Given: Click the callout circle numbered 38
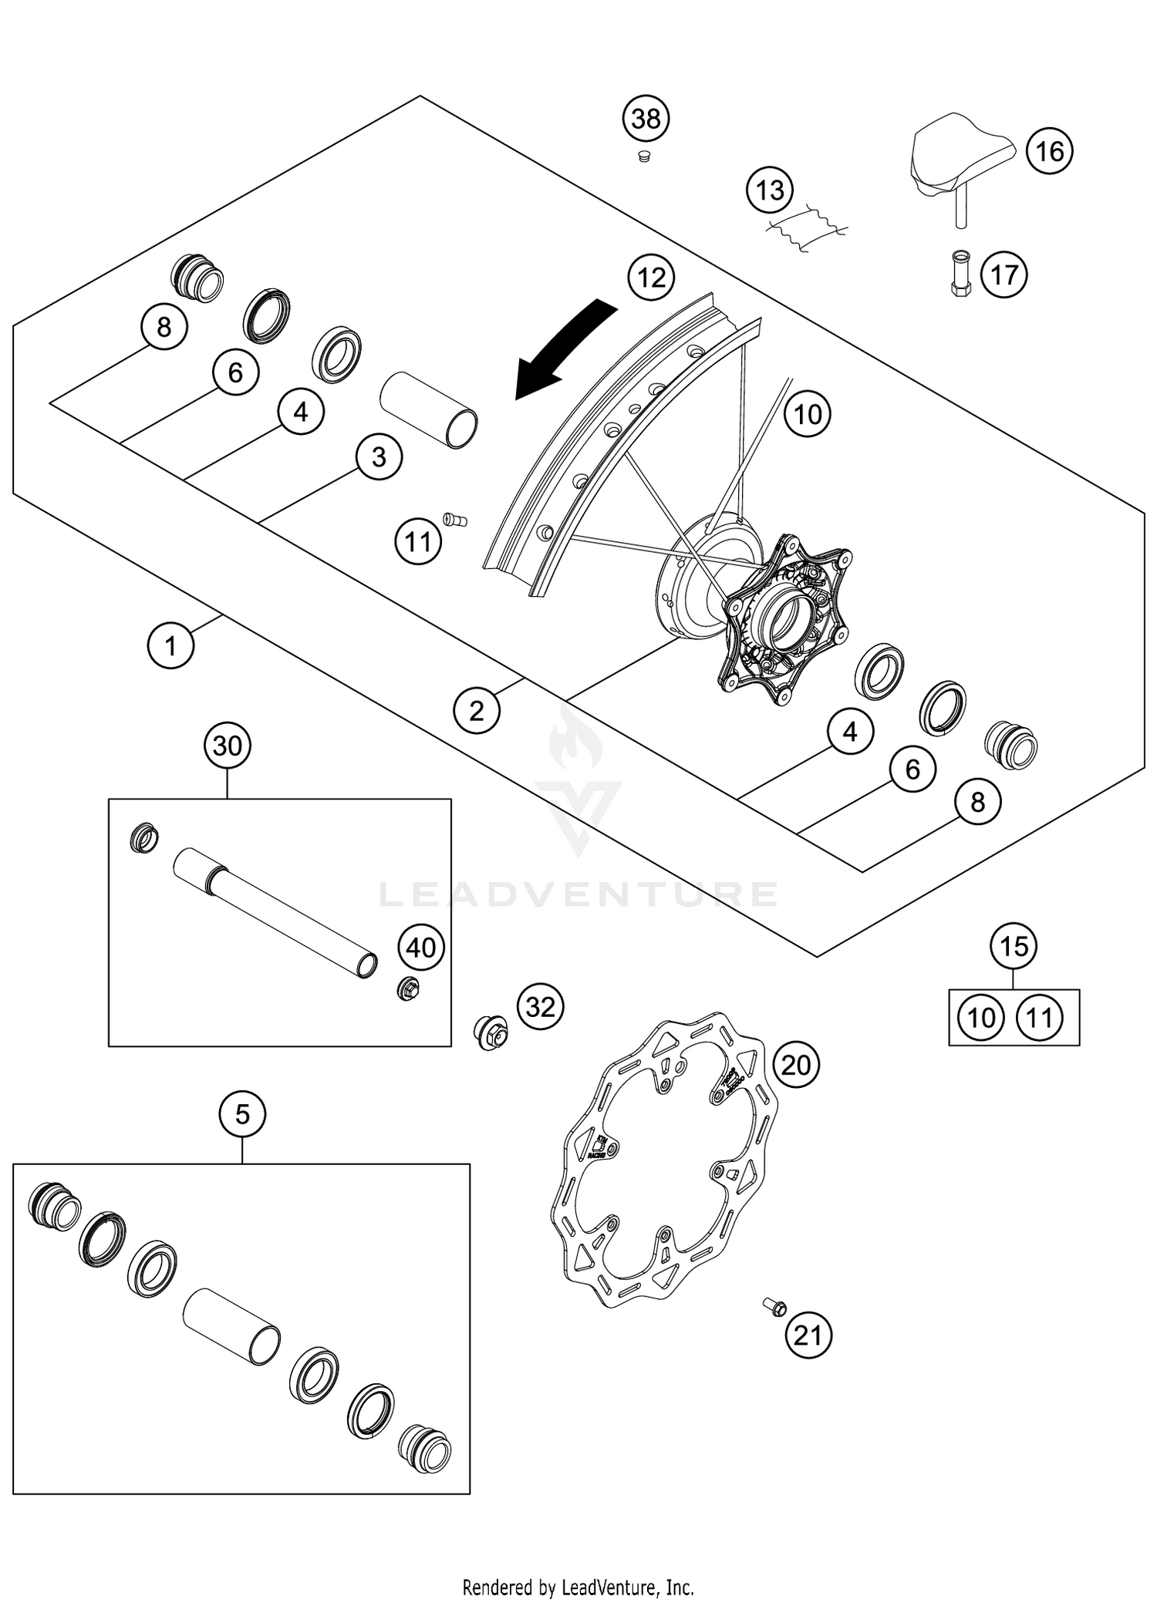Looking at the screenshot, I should click(646, 119).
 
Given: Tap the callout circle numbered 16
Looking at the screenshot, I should click(1050, 151).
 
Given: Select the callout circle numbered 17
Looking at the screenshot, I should click(1004, 274).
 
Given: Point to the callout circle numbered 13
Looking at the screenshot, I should click(770, 190).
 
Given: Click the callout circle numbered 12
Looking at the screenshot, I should click(652, 278).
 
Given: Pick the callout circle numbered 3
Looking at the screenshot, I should click(379, 457).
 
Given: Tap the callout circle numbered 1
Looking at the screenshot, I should click(170, 645).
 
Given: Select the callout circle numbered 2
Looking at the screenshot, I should click(477, 710).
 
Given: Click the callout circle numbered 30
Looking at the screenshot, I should click(228, 746).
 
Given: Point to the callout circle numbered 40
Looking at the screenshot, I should click(421, 948).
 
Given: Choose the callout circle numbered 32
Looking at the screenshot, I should click(541, 1007).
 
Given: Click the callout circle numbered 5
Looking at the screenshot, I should click(242, 1114).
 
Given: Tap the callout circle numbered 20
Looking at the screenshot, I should click(796, 1066).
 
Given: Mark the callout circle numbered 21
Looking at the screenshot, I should click(808, 1335).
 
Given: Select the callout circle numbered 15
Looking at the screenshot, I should click(1014, 946).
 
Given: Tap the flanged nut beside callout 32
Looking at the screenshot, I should click(490, 1032).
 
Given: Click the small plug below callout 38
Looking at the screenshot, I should click(643, 157).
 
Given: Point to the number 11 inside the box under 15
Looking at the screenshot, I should click(1040, 1018).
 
